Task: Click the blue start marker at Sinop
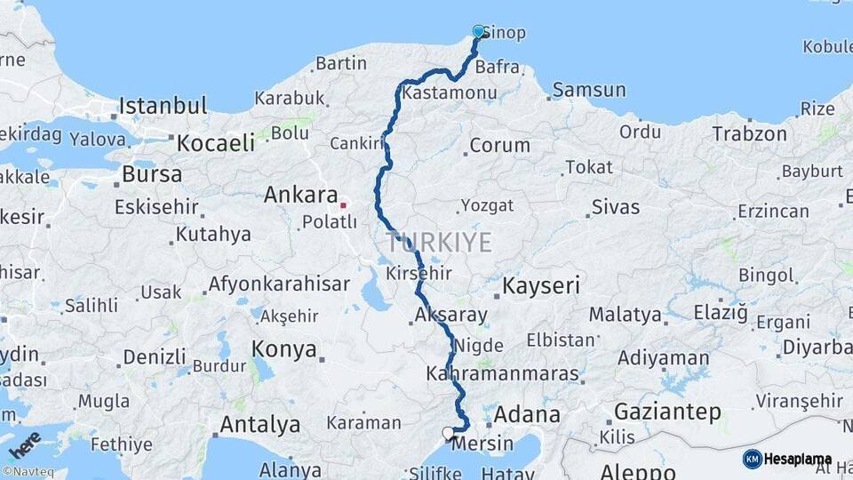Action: point(478,32)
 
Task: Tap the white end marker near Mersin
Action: point(448,433)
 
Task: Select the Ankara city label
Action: point(300,195)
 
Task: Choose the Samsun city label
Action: point(589,90)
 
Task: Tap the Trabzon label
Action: point(749,134)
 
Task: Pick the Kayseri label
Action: point(541,286)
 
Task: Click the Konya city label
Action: point(284,348)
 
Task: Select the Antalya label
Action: point(259,424)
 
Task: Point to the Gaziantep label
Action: point(666,412)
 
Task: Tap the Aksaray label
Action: point(450,315)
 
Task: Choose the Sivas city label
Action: point(615,207)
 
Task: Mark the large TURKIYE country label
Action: point(439,242)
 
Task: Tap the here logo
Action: point(24,445)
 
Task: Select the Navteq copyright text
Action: point(27,472)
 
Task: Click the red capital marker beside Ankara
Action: point(343,205)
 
